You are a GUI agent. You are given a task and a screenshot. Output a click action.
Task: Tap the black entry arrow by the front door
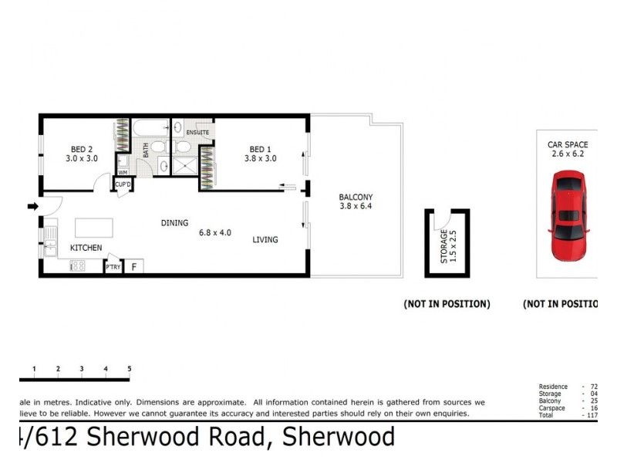(32, 206)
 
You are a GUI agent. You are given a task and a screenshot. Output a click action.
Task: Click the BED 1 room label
(260, 149)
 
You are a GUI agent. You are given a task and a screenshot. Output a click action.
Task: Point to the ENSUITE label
(197, 133)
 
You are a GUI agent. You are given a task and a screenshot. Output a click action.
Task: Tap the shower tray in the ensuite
(184, 164)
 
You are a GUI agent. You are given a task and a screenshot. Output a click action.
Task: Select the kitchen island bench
(93, 228)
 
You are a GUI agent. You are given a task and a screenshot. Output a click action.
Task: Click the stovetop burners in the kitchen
(77, 266)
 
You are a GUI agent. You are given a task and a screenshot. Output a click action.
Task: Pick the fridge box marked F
(133, 267)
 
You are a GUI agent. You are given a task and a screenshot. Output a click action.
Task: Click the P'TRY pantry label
(113, 268)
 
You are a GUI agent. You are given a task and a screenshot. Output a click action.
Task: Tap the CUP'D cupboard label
(123, 184)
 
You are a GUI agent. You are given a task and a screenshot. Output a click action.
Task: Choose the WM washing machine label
(122, 172)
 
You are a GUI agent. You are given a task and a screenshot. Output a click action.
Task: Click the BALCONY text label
(356, 197)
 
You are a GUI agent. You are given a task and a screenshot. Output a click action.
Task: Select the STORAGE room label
(443, 247)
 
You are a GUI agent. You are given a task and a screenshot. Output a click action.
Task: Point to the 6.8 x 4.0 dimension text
(215, 231)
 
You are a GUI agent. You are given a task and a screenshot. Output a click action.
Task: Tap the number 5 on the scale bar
(129, 370)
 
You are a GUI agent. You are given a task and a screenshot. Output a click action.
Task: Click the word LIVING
(265, 240)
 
